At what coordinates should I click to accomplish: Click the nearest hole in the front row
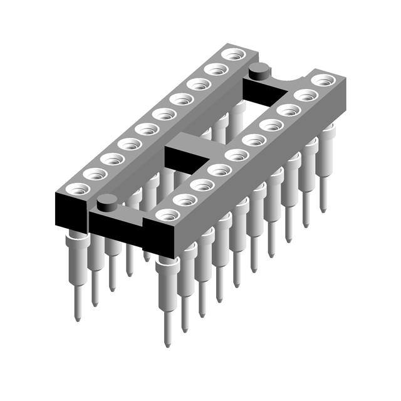167,215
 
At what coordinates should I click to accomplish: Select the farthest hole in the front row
323,80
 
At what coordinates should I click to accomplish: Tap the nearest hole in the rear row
78,188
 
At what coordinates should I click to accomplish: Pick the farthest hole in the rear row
233,55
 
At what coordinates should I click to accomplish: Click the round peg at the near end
107,201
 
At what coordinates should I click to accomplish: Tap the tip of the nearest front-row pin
167,343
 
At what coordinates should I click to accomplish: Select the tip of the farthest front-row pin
323,210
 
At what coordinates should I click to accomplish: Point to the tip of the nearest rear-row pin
77,318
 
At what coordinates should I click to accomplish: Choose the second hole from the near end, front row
185,199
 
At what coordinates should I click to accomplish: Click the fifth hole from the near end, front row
237,154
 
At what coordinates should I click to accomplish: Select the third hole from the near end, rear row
112,159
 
